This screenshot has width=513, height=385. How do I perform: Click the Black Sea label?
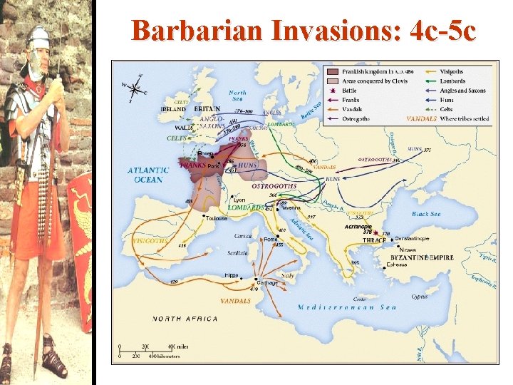click(x=426, y=213)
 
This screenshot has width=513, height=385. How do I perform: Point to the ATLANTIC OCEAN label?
click(x=148, y=175)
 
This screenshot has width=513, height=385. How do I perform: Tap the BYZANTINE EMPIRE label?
click(x=422, y=257)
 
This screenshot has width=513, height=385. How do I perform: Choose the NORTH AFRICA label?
click(x=185, y=319)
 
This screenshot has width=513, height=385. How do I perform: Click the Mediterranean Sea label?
click(x=347, y=307)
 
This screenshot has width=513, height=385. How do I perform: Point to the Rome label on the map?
click(x=271, y=240)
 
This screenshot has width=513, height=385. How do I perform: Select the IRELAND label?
click(x=174, y=109)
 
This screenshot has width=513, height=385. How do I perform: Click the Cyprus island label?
click(x=420, y=296)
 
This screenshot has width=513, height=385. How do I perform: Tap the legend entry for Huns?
click(x=450, y=100)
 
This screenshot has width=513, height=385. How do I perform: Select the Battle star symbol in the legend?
click(x=332, y=91)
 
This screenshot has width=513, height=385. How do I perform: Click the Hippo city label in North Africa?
click(x=232, y=274)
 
